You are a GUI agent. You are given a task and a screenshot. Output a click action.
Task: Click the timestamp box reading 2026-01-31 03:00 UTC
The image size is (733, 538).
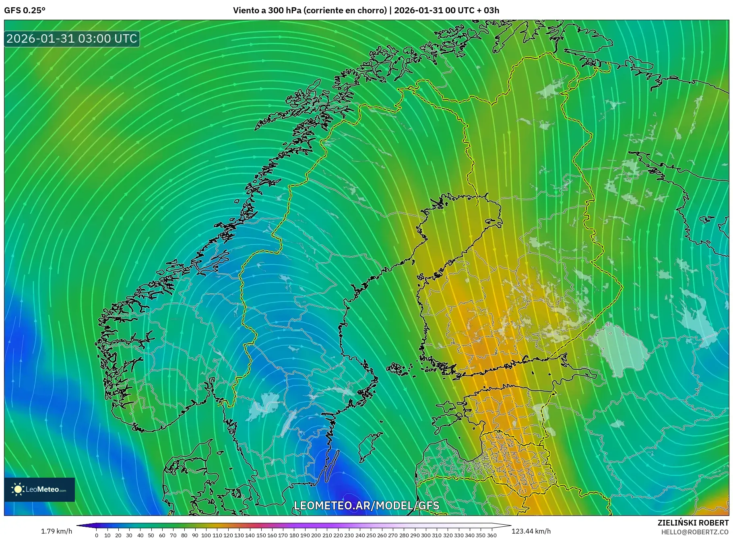[72, 39]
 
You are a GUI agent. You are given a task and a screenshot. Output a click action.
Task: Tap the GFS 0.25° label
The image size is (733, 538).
[25, 10]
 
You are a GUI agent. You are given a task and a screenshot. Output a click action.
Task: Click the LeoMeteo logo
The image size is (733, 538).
[39, 489]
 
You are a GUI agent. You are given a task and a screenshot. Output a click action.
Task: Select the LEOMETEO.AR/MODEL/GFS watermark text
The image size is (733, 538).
[366, 505]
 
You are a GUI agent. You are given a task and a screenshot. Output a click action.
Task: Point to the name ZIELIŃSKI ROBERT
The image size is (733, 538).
[693, 523]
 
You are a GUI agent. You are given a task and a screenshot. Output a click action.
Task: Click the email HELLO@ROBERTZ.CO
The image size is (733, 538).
[695, 532]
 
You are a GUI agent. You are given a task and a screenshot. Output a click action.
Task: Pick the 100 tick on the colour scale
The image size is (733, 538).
[206, 535]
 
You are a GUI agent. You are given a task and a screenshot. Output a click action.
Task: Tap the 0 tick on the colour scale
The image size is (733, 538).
[97, 535]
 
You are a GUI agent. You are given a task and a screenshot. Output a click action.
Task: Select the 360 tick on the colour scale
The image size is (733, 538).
[491, 535]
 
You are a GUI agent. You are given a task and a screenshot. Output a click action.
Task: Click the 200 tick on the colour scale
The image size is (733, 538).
[316, 535]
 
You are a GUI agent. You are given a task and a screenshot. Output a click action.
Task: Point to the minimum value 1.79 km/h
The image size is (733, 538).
[56, 531]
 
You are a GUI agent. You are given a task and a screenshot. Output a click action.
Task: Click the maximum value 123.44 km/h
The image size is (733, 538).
[531, 531]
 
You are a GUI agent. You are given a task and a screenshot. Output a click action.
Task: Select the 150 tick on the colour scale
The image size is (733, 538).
[261, 535]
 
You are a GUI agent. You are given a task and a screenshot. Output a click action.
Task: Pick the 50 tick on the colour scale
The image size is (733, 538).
[151, 535]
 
